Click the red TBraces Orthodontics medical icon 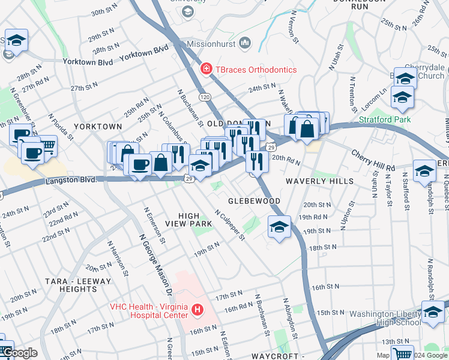tap(206, 70)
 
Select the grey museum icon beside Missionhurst tap(244, 43)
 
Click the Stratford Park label tap(385, 119)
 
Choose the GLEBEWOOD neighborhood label tap(254, 200)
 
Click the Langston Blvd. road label tap(71, 180)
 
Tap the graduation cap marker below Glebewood tap(279, 227)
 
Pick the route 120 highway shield tap(205, 97)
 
